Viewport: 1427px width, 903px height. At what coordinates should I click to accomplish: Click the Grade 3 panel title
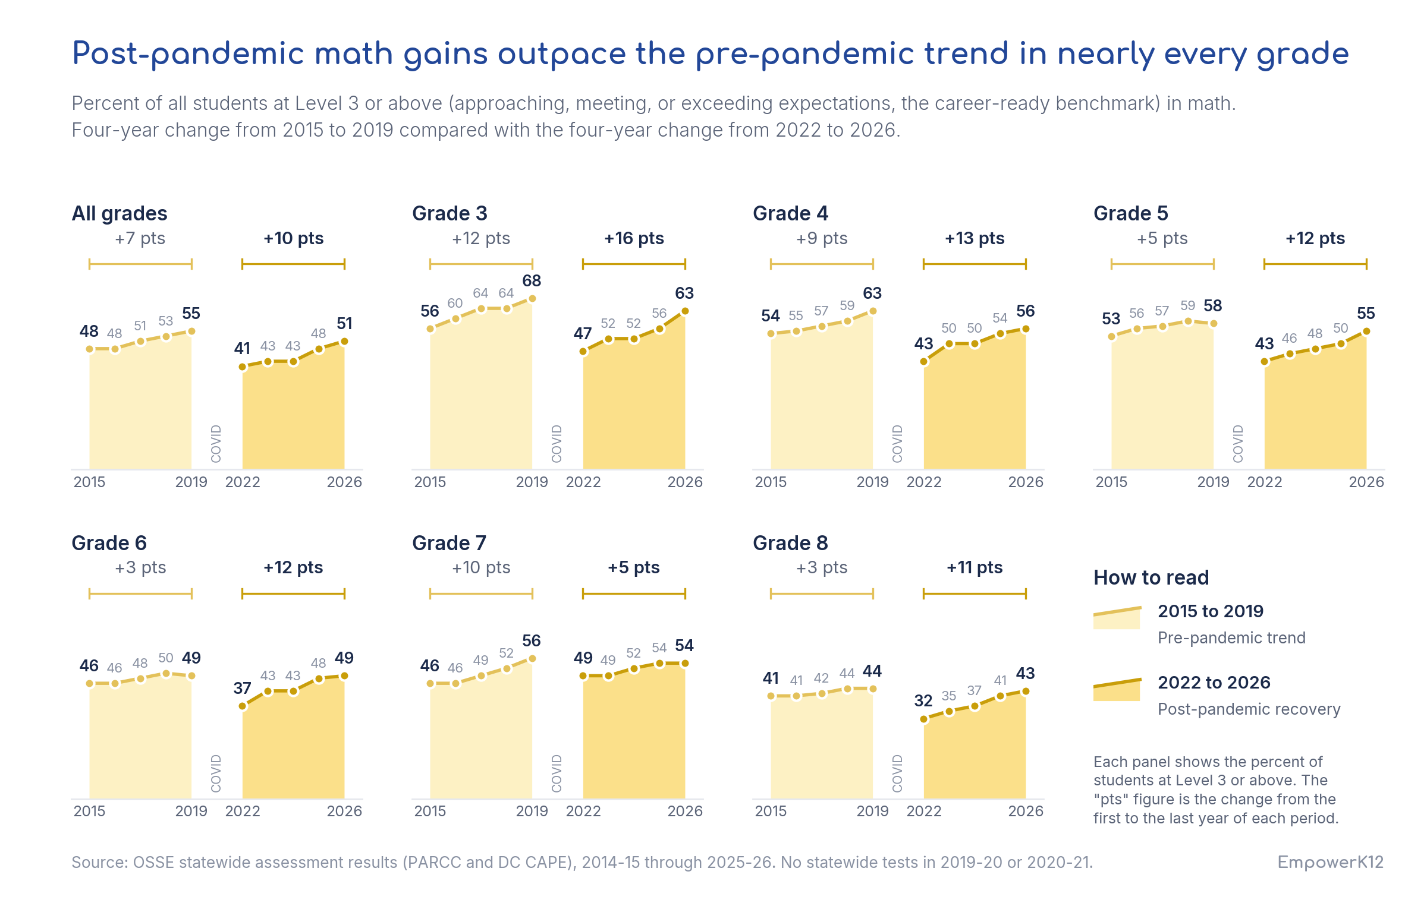click(450, 213)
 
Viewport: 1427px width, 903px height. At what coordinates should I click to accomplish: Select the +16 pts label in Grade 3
click(634, 238)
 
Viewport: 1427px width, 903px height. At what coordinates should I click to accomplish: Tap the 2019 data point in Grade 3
click(532, 299)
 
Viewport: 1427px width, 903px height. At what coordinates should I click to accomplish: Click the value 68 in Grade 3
click(532, 280)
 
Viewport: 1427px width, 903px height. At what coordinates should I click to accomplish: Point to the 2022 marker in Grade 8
click(924, 719)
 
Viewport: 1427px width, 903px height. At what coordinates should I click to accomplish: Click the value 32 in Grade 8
click(923, 701)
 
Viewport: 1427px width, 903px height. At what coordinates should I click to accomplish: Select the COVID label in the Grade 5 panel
click(1238, 444)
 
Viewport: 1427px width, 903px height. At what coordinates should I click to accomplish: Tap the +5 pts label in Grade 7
click(634, 567)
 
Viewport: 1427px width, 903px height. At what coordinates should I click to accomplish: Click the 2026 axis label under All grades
click(344, 482)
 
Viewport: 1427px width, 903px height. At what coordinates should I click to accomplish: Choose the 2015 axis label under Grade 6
click(89, 811)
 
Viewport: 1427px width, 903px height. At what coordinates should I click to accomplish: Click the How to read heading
click(1151, 577)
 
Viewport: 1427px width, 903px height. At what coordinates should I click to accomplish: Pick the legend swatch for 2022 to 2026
click(1117, 690)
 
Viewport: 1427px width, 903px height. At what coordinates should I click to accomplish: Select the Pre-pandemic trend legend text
click(1231, 637)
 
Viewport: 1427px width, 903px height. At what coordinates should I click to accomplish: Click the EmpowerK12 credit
click(1331, 862)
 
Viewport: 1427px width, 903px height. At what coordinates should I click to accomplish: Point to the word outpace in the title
click(562, 55)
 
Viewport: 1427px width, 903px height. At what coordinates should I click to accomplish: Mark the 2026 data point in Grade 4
click(1026, 329)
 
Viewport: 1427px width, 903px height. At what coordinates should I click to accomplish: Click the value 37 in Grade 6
click(242, 688)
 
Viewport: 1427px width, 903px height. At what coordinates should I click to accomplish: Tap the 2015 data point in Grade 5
click(1112, 337)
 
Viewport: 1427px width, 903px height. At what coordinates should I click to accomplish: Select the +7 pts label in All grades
click(140, 238)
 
